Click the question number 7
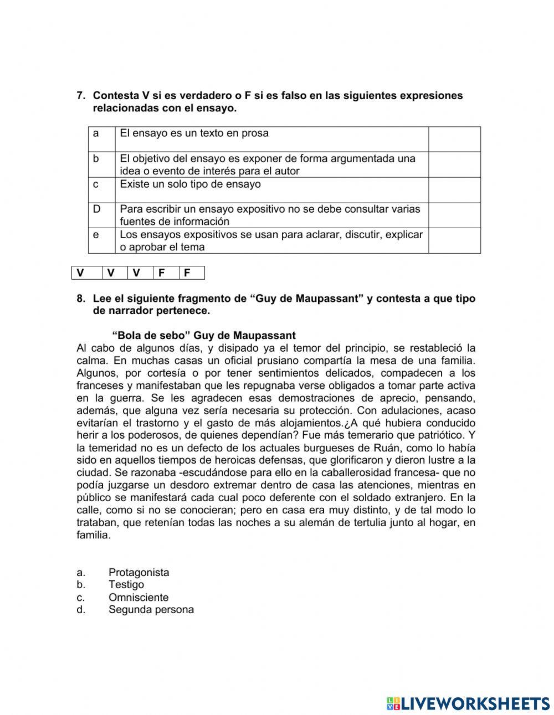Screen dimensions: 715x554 80,96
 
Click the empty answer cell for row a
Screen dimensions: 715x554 454,139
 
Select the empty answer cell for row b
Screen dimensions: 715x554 454,164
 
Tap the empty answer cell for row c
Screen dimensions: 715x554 454,190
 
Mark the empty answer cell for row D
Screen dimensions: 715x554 454,215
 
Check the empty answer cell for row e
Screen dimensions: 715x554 454,241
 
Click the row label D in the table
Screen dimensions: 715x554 96,209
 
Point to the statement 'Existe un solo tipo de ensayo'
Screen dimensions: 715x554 190,184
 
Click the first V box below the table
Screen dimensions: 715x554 81,272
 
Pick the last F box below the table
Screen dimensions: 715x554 187,272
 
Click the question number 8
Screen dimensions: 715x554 80,299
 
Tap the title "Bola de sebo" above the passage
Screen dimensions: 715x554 204,336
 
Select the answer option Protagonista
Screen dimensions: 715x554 138,573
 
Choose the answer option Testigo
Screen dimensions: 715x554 126,585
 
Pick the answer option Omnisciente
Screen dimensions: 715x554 138,598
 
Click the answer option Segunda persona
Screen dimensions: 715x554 151,610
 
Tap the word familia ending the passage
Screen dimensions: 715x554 93,536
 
